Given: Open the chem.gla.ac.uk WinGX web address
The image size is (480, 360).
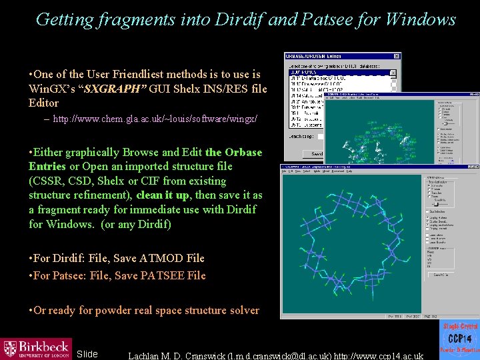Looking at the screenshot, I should (155, 119).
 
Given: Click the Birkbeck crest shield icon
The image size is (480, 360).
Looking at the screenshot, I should (10, 349).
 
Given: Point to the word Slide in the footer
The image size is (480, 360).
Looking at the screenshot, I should (87, 354).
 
